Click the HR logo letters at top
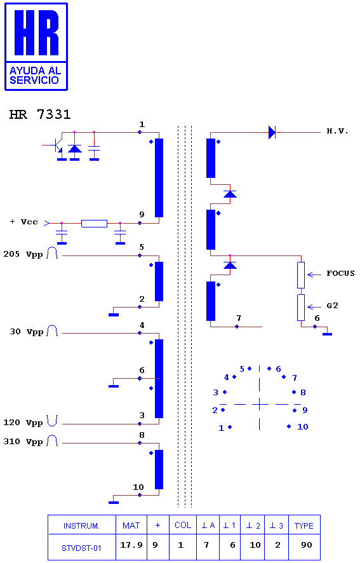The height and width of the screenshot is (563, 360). coord(36,32)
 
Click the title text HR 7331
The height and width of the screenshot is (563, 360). coord(40,114)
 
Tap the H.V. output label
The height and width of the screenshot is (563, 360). coord(337,131)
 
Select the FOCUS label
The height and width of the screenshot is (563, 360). coord(340,273)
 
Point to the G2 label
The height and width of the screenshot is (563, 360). coord(332,306)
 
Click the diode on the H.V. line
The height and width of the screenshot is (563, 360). coord(272,133)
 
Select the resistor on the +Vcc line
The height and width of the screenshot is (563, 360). coord(94,224)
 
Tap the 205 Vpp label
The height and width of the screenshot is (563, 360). coord(23,255)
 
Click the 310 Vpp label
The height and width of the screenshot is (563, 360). coord(23,442)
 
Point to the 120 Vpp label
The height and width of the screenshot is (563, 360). coord(23,423)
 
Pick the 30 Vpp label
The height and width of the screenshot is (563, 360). coord(26,332)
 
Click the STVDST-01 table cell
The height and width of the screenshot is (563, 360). coord(81,548)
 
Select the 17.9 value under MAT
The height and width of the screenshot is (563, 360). coord(131,545)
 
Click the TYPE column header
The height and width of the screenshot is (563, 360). coord(304,526)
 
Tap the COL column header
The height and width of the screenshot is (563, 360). coord(183,525)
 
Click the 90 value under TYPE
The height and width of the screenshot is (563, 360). coord(306,545)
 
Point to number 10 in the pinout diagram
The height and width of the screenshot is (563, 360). coord(303,426)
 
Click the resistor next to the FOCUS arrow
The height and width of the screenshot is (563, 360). coord(301,275)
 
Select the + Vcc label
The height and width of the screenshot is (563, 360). coord(23,222)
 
